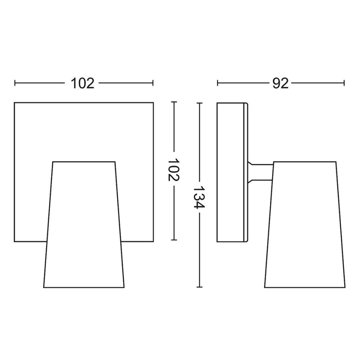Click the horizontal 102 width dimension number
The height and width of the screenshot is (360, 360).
(x=83, y=83)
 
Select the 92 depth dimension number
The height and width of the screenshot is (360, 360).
(x=280, y=83)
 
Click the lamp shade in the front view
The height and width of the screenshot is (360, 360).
(x=84, y=224)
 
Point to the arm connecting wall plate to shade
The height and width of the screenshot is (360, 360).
(x=260, y=172)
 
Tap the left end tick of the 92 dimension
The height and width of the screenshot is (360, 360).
(x=218, y=83)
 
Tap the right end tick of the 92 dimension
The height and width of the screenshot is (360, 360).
(x=344, y=83)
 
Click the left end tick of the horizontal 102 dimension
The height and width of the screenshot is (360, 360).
(x=15, y=83)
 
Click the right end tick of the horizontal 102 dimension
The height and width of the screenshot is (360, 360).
(x=153, y=83)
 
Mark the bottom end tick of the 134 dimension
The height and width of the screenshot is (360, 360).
(x=200, y=287)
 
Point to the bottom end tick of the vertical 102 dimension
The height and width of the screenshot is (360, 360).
(x=174, y=241)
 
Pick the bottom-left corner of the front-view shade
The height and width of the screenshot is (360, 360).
(x=44, y=287)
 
